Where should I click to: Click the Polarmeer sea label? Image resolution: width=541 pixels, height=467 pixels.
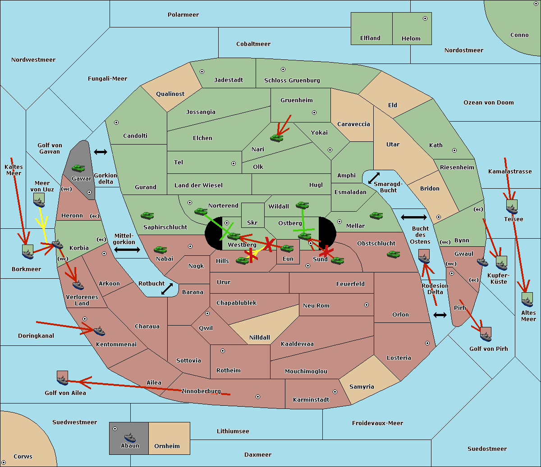pos(183,15)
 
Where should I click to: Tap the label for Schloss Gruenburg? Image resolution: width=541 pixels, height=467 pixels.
pos(292,80)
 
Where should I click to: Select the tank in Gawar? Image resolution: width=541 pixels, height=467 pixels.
pos(78,168)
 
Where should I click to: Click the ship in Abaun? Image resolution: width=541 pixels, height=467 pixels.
pos(130,437)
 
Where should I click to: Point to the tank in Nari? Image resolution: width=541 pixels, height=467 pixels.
pos(277,138)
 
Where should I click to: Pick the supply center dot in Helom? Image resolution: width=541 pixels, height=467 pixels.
pos(425,18)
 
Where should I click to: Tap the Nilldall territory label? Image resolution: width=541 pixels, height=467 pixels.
pos(259,337)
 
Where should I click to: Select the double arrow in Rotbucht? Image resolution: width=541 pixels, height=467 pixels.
pos(167,289)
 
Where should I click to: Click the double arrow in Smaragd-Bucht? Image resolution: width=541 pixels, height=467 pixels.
pos(374,178)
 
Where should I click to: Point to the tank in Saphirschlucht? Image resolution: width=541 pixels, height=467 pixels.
pos(147,215)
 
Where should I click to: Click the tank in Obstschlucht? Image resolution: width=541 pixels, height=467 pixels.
pos(394,254)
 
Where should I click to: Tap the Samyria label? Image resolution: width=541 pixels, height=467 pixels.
pos(362,386)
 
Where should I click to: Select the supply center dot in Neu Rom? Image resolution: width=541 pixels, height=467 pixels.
pos(367,305)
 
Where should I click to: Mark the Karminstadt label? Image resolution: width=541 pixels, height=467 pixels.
pos(311,399)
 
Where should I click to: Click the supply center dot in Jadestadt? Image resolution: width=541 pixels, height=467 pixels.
pos(202,72)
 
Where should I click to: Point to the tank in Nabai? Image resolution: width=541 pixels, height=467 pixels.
pos(160,249)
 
